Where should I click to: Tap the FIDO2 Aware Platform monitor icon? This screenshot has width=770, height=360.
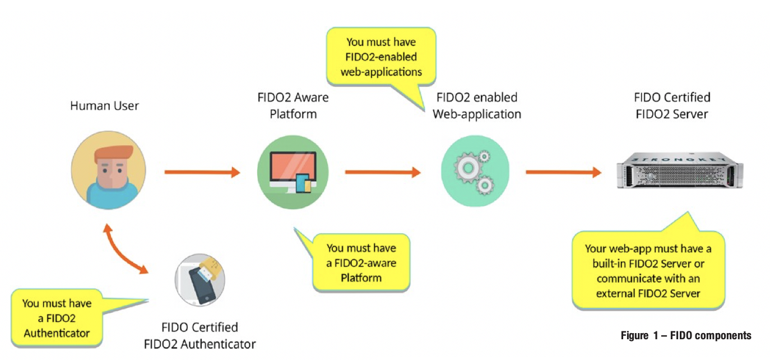click(293, 172)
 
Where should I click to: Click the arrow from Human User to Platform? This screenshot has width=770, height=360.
click(202, 172)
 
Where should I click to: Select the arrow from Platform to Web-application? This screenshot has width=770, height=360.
click(383, 172)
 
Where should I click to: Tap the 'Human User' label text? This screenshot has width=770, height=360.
click(104, 105)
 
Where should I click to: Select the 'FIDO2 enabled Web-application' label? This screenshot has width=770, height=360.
click(476, 105)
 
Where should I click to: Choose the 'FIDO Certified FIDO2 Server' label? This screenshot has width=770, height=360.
click(672, 105)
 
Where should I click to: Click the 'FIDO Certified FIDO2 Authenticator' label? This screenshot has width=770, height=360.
click(208, 335)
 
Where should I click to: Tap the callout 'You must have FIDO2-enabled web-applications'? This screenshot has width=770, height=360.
click(381, 57)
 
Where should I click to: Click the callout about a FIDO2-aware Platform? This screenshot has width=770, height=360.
click(361, 262)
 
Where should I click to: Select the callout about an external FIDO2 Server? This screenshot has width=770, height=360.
click(648, 271)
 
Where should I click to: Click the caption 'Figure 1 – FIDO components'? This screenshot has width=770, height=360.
click(685, 335)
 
